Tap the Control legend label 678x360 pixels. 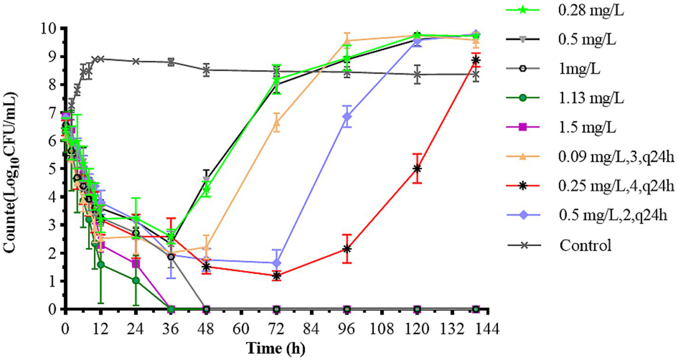(585, 245)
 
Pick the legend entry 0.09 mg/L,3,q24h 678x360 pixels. (616, 157)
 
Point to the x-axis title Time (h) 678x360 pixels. (276, 349)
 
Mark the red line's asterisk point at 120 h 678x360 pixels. (417, 168)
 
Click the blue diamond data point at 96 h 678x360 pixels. (347, 116)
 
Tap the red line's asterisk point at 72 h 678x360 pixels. (277, 276)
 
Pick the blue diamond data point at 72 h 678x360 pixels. (277, 263)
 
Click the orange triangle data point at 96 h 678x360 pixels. (347, 41)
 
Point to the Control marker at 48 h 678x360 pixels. (206, 70)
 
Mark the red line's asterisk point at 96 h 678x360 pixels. (347, 249)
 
